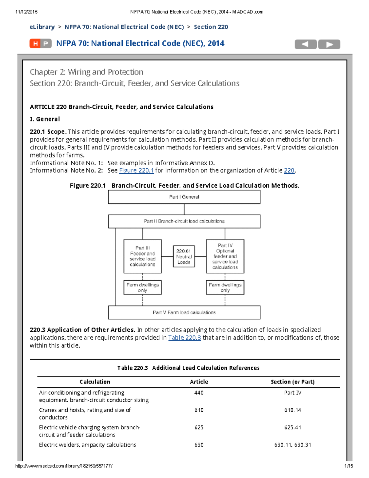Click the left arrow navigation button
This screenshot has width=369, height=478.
tap(305, 44)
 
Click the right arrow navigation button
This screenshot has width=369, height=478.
tap(329, 44)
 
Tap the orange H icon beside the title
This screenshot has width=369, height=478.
tap(35, 44)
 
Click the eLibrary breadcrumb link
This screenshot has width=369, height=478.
tap(42, 27)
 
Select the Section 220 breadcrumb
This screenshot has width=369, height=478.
tap(211, 27)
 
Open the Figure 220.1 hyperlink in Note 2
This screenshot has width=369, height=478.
tap(136, 171)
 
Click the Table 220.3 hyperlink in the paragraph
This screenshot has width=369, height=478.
tap(184, 338)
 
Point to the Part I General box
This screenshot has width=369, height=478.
tap(184, 197)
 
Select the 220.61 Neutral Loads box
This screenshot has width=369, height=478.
tap(184, 256)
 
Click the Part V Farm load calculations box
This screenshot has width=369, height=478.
tap(184, 312)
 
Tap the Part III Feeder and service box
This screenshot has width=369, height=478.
tap(142, 256)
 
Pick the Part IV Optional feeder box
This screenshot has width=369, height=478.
tap(225, 256)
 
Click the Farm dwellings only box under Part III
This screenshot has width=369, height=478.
tap(142, 287)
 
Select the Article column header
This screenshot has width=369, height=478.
tap(199, 382)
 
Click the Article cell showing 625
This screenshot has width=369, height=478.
tap(199, 428)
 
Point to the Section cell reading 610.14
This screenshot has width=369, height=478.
tap(292, 410)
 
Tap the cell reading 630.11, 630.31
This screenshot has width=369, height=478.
tap(292, 445)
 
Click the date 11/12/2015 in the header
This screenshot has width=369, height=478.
tap(26, 12)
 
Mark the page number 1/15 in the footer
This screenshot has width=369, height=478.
tap(348, 466)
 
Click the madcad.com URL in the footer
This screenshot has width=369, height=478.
tap(64, 466)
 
